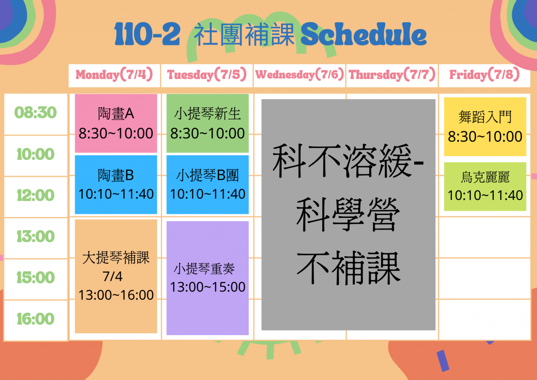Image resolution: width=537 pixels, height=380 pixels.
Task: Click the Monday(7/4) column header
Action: (114, 74)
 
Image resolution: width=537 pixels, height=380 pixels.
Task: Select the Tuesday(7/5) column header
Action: (207, 74)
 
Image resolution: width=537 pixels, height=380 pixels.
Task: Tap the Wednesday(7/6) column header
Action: (300, 74)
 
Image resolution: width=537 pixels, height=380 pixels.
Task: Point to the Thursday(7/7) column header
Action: (392, 74)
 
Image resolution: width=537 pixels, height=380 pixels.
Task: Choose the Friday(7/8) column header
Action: (485, 74)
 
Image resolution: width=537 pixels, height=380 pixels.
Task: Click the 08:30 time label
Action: (36, 113)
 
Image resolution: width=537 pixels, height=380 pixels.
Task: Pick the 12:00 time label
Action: (36, 195)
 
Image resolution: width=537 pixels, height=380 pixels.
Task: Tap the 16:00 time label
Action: (36, 319)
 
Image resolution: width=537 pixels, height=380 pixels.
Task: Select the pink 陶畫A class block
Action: (116, 123)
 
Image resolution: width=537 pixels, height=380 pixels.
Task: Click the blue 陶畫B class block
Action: (116, 184)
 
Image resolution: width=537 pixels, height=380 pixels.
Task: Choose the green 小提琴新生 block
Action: (207, 123)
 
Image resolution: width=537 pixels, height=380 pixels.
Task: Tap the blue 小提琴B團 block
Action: (207, 184)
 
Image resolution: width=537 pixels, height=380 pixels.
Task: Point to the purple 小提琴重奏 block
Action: (207, 278)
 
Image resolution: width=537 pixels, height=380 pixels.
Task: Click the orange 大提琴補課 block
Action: (116, 276)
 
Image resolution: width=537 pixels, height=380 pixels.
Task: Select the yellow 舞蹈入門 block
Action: (485, 127)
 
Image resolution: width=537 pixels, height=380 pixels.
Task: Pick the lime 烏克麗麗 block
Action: (485, 187)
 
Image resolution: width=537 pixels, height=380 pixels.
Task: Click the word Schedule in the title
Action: (363, 34)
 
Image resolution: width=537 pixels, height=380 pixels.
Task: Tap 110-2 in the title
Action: (147, 34)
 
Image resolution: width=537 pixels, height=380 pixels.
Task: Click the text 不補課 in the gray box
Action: (348, 268)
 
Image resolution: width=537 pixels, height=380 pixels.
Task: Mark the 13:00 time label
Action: (36, 236)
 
